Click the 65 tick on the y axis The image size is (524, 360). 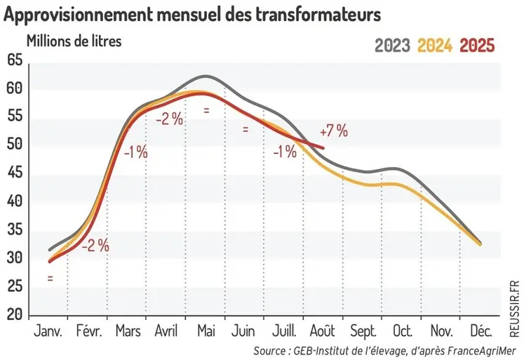coord(15,60)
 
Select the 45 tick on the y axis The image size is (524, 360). coord(15,173)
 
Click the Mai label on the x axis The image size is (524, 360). coord(205,331)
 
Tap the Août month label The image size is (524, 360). coord(322,331)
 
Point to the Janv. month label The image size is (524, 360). coord(48,331)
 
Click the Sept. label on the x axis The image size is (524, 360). coord(362,331)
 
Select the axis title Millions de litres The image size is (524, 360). coord(74,40)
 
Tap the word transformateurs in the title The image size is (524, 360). coord(322,14)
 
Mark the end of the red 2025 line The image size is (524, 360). coord(323,147)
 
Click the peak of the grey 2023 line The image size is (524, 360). coord(205,76)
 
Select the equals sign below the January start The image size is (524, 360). coord(51,279)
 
